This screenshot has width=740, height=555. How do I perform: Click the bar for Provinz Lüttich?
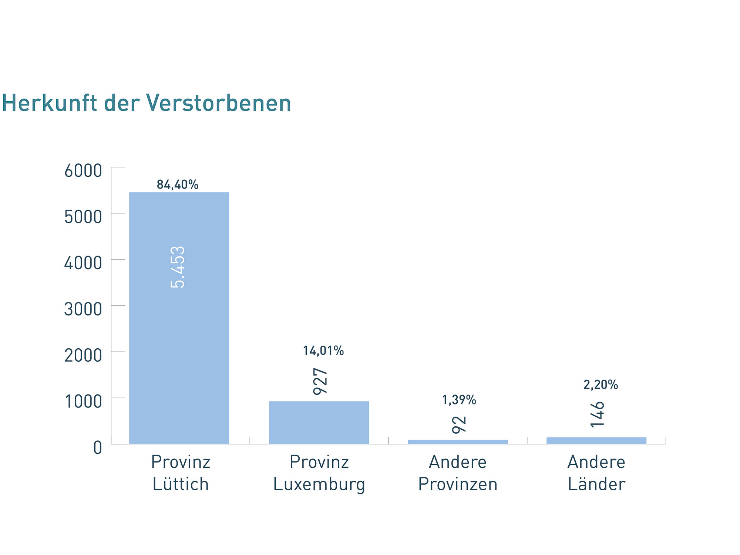pyautogui.click(x=179, y=333)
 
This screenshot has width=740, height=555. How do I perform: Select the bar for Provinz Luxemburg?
pyautogui.click(x=319, y=422)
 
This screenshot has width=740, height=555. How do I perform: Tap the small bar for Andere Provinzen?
pyautogui.click(x=458, y=441)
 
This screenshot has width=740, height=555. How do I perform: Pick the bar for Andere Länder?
pyautogui.click(x=596, y=440)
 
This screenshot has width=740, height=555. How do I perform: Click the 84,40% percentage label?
pyautogui.click(x=178, y=185)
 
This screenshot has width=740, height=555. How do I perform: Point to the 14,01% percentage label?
pyautogui.click(x=323, y=351)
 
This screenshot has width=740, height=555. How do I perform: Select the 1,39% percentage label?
pyautogui.click(x=459, y=400)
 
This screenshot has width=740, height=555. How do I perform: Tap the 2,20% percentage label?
pyautogui.click(x=601, y=385)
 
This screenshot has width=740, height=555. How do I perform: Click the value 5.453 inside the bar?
pyautogui.click(x=178, y=267)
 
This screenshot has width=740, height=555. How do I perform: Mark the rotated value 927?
pyautogui.click(x=320, y=381)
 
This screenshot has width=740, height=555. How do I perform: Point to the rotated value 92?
pyautogui.click(x=459, y=424)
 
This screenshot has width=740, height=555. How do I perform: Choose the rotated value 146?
pyautogui.click(x=597, y=414)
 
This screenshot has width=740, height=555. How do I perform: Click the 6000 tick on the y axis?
pyautogui.click(x=83, y=171)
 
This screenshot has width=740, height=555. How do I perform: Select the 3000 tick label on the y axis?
pyautogui.click(x=83, y=309)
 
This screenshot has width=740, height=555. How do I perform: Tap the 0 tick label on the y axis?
pyautogui.click(x=97, y=447)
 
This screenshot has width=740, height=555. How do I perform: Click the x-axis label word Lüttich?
pyautogui.click(x=181, y=484)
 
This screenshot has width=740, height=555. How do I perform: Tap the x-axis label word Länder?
pyautogui.click(x=596, y=484)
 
